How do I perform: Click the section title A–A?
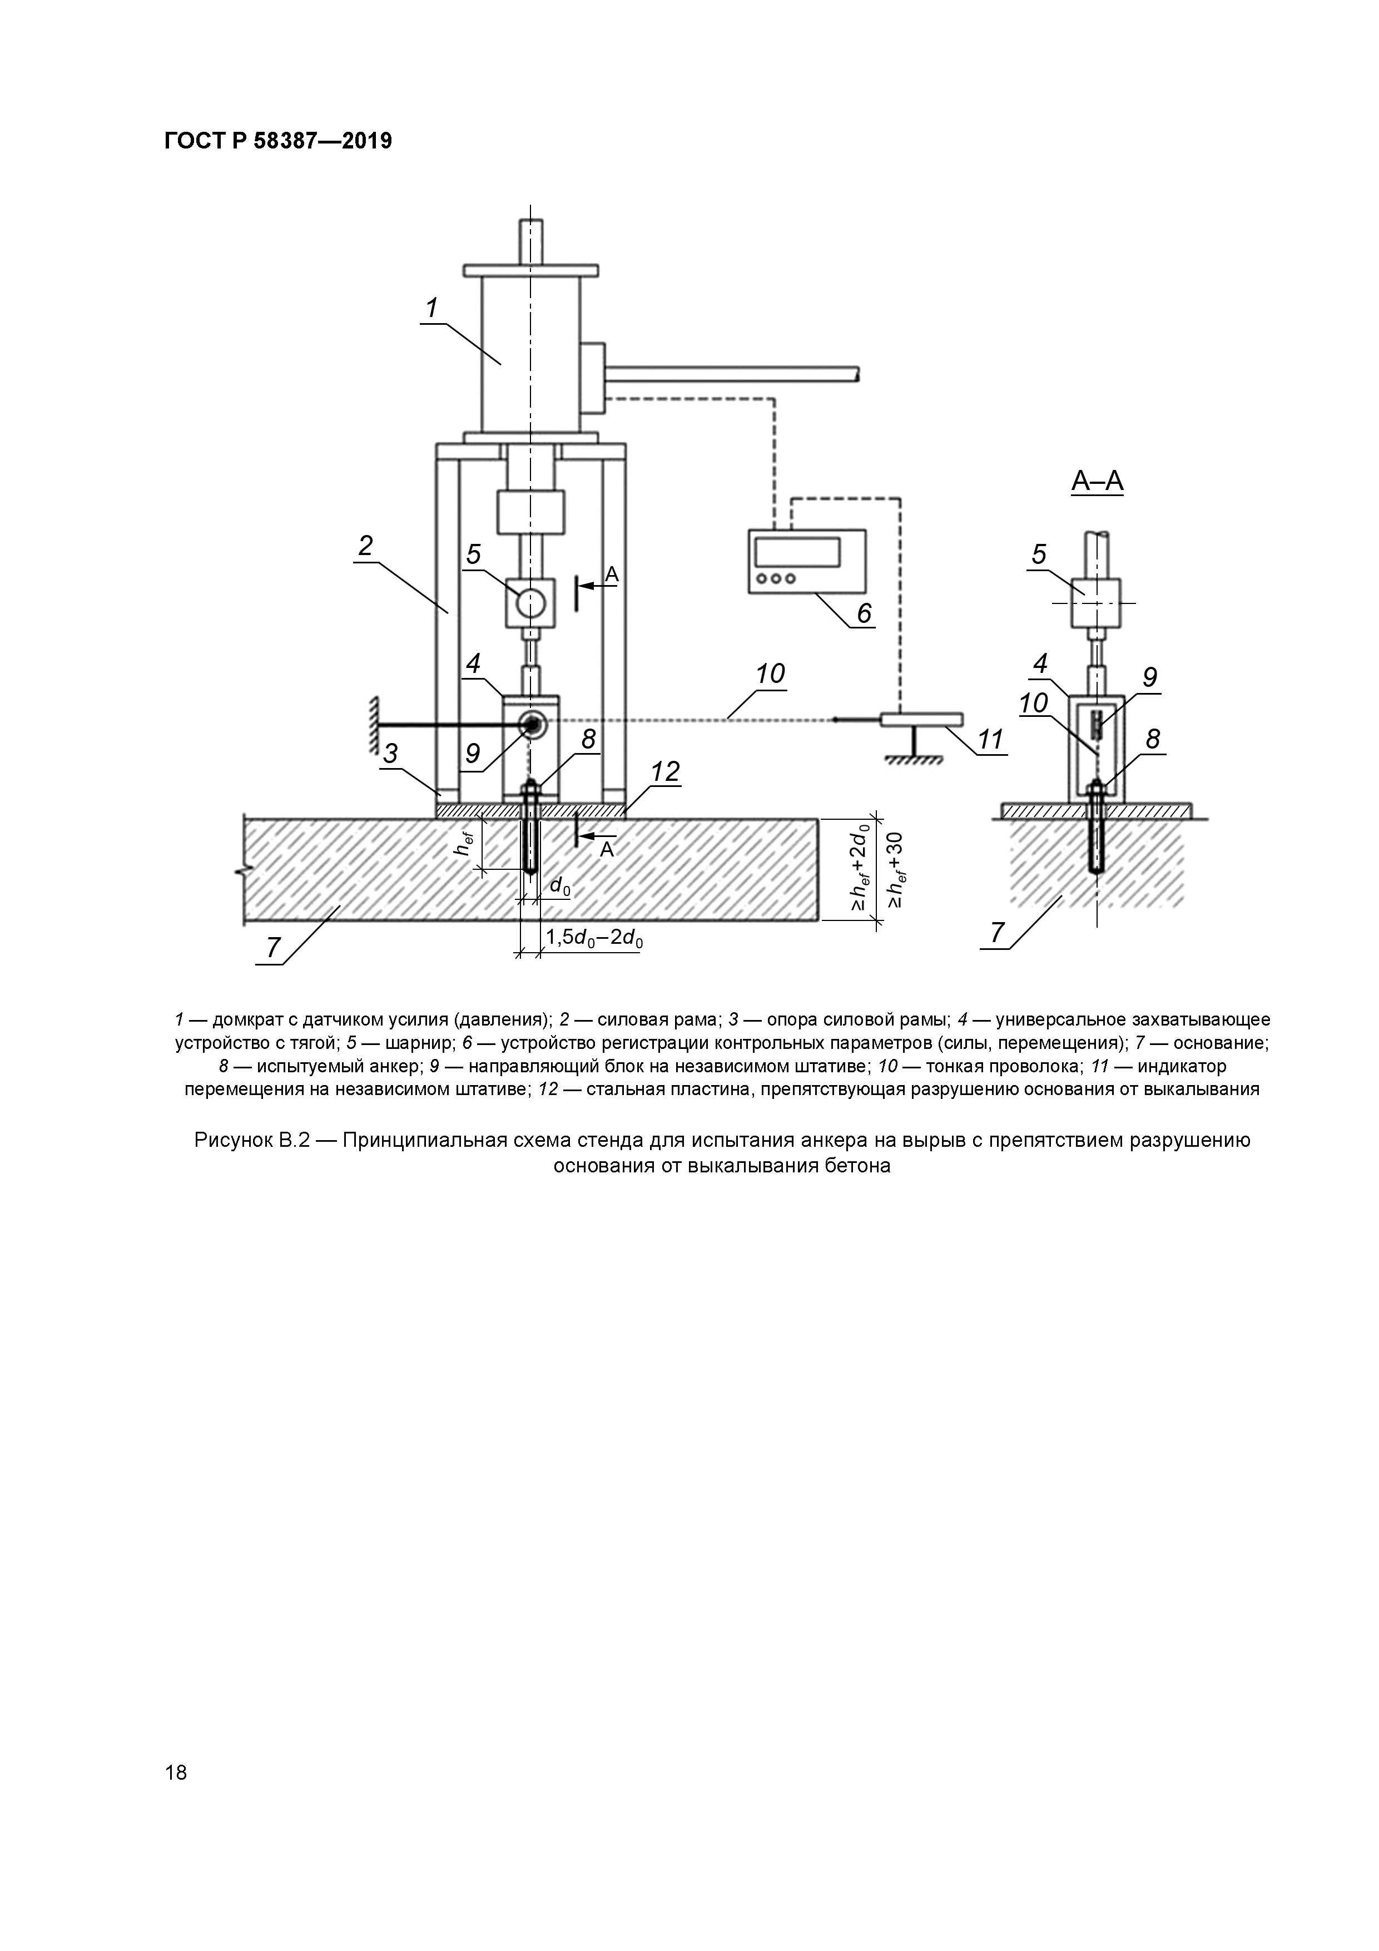[1097, 482]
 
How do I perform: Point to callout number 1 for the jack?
[431, 308]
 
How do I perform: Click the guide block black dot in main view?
[533, 724]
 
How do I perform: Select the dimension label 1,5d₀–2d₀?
[594, 938]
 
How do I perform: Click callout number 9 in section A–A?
[1149, 677]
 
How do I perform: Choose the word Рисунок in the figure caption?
[233, 1140]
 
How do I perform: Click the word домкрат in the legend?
[246, 1019]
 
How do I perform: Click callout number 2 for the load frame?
[365, 546]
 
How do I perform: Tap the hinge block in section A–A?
[1096, 602]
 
